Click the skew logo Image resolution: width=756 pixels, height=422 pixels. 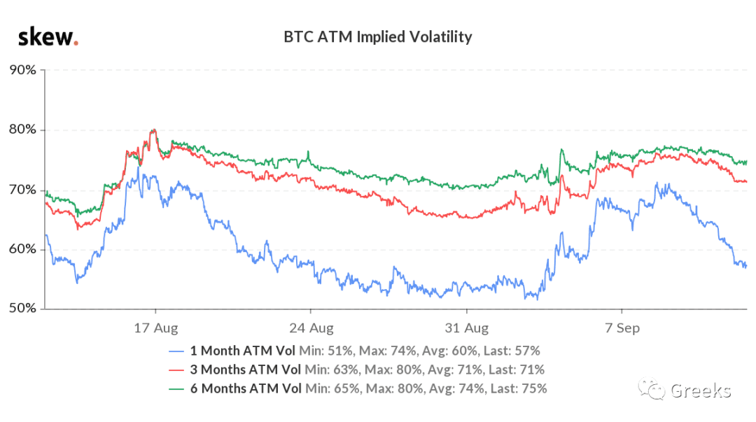coord(48,37)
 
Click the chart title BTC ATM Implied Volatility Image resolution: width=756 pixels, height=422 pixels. coord(377,37)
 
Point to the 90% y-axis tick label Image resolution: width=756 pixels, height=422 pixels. coord(22,70)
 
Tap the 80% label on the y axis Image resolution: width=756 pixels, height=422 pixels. coord(22,129)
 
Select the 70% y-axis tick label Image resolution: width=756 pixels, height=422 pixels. coord(22,190)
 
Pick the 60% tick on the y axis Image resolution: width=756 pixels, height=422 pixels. coord(22,249)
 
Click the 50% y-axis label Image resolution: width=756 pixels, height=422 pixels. coord(22,308)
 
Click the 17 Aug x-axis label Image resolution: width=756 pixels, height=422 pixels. coord(155,328)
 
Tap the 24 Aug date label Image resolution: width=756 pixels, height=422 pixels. coord(311,328)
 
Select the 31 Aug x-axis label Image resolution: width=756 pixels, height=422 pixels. coord(467,328)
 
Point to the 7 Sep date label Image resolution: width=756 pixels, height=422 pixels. coord(622,328)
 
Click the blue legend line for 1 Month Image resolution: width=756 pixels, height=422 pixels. coord(176,351)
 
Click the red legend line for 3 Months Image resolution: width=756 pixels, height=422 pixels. coord(176,370)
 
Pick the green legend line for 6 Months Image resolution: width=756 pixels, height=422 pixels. coord(176,389)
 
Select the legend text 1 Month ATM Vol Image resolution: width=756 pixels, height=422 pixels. coord(242,351)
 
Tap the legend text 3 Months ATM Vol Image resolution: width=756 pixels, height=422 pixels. coord(246,370)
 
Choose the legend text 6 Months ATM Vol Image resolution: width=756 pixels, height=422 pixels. coord(246,388)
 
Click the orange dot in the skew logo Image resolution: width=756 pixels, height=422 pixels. coord(76,44)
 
